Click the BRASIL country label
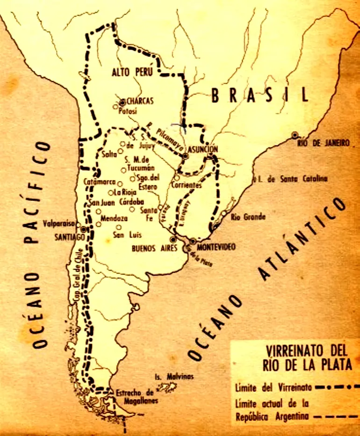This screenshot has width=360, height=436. click(x=260, y=95)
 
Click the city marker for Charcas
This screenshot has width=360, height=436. click(x=122, y=101)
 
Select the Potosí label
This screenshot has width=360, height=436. click(x=127, y=111)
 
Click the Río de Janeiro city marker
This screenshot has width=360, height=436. click(x=295, y=135)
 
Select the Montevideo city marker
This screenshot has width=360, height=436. click(x=193, y=241)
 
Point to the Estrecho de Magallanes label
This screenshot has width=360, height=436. click(x=135, y=397)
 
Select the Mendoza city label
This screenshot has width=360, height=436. click(x=114, y=218)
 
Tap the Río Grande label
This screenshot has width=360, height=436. click(x=248, y=217)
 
